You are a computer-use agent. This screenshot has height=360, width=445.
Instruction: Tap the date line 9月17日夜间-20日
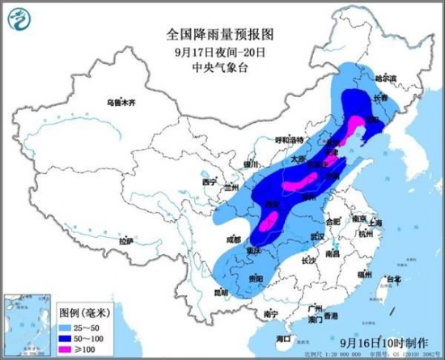[208, 51]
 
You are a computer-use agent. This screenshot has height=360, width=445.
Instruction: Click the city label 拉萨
[124, 241]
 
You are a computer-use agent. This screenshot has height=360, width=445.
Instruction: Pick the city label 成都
[234, 239]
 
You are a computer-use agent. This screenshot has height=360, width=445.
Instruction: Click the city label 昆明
[220, 291]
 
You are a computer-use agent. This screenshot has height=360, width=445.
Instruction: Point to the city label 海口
[282, 337]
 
